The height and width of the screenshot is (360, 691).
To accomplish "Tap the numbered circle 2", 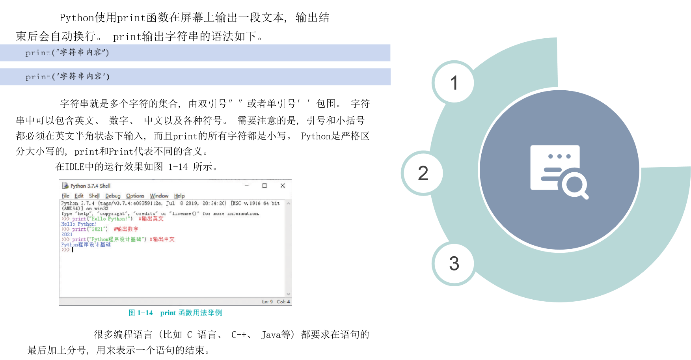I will [423, 173].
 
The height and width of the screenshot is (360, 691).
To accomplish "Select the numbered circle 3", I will [454, 263].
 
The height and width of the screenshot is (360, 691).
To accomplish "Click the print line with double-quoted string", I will [67, 52].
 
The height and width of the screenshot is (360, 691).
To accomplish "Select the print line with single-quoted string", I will [67, 76].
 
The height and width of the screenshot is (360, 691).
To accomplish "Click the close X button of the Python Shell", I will [283, 186].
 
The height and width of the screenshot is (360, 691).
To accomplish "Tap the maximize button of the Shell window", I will [264, 186].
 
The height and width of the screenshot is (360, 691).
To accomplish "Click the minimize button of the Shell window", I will [247, 186].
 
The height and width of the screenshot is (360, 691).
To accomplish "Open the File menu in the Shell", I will [65, 196].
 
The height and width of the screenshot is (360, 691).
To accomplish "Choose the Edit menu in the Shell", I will [79, 196].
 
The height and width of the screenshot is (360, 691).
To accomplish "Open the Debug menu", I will [113, 196].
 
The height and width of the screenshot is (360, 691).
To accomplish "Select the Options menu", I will [135, 196].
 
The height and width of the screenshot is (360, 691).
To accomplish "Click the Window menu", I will [159, 196].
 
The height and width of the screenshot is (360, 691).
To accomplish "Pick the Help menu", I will [179, 196].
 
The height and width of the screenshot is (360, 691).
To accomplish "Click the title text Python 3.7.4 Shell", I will [90, 186].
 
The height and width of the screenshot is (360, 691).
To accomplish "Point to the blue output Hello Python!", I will [79, 224].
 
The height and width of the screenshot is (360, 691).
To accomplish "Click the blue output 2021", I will [67, 234].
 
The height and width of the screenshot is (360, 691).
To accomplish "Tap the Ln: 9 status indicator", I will [267, 302].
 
